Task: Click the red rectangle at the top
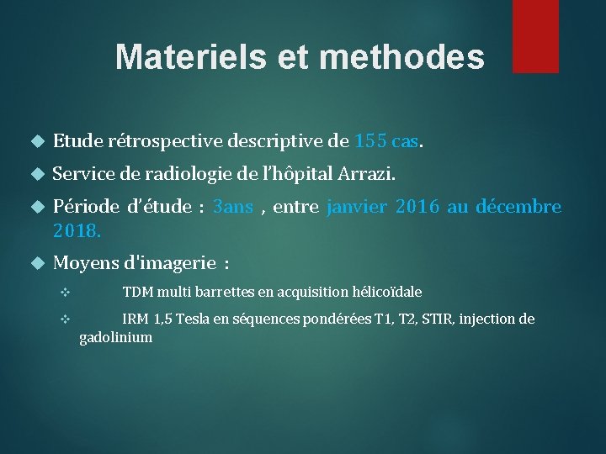pyautogui.click(x=535, y=35)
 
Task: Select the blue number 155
pyautogui.click(x=371, y=141)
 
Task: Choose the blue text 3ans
pyautogui.click(x=233, y=207)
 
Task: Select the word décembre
pyautogui.click(x=518, y=207)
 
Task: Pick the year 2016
pyautogui.click(x=417, y=207)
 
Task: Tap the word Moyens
pyautogui.click(x=85, y=263)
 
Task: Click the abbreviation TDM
pyautogui.click(x=138, y=293)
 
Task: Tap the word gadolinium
pyautogui.click(x=115, y=338)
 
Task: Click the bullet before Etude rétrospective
pyautogui.click(x=35, y=141)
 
